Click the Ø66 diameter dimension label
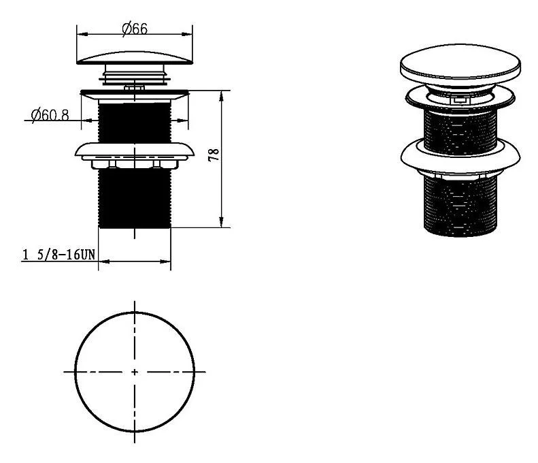135,29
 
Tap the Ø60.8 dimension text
50,114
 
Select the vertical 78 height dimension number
214,155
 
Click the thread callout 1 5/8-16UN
58,255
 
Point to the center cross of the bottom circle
135,372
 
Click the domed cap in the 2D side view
135,58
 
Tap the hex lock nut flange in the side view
135,156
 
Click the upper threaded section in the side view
135,123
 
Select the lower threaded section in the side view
135,198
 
